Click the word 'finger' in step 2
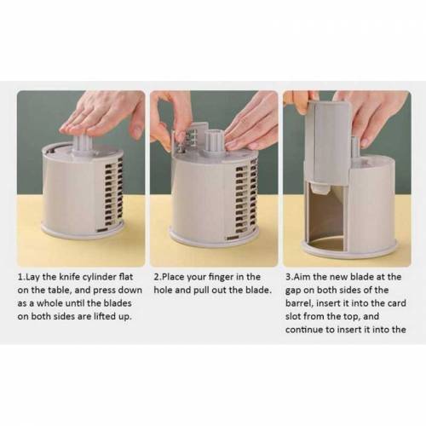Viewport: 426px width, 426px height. [220, 278]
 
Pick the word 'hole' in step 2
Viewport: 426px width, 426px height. [163, 290]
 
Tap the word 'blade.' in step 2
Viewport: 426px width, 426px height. [257, 290]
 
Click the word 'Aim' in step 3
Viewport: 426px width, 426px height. [302, 277]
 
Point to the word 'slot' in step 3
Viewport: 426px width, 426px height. [292, 316]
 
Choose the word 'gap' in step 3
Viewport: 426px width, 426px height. [293, 291]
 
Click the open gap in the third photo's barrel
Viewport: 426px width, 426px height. [325, 215]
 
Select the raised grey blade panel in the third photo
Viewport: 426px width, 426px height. [330, 142]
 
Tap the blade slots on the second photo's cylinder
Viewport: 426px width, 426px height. [245, 199]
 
